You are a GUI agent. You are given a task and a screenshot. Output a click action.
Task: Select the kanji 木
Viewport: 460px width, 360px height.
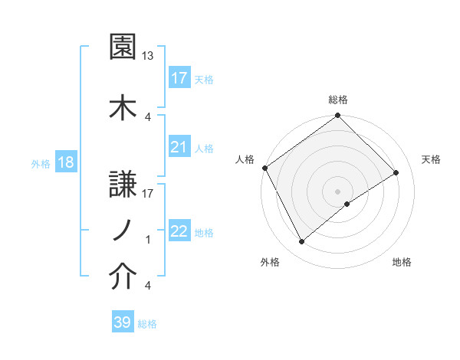click(122, 106)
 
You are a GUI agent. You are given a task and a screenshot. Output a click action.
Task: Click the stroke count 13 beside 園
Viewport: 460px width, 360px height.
click(148, 56)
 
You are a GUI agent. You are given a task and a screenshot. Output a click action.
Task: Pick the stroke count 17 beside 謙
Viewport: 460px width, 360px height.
click(148, 193)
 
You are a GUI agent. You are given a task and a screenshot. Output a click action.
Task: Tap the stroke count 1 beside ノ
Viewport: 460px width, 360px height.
click(148, 240)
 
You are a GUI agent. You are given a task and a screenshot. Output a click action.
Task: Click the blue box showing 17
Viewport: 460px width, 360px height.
click(179, 78)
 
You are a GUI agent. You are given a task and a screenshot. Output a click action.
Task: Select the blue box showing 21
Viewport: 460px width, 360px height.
click(179, 147)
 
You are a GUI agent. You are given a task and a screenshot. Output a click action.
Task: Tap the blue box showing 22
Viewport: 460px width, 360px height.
click(179, 231)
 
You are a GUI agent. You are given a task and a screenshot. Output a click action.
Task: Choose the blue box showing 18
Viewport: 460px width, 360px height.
click(65, 163)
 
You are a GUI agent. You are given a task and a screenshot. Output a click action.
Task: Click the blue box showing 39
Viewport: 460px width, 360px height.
click(123, 322)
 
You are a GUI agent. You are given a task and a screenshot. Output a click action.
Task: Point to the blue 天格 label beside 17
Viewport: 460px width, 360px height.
click(204, 79)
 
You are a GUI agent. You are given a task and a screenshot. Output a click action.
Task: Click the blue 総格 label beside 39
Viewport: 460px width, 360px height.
click(148, 323)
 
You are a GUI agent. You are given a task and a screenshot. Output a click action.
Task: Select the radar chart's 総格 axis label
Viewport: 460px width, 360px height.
click(338, 100)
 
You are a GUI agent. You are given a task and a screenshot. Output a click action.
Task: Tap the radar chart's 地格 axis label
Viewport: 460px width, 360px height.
click(402, 262)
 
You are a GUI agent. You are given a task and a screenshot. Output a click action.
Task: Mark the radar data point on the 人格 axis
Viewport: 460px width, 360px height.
click(264, 168)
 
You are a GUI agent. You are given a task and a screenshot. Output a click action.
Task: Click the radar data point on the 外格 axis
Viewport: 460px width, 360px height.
click(301, 242)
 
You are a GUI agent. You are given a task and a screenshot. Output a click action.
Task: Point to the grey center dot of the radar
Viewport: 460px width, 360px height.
click(337, 191)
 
